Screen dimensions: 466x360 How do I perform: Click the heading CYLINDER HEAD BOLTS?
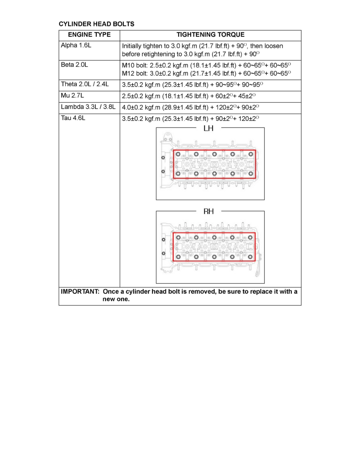96,24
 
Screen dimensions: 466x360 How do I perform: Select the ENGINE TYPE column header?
89,35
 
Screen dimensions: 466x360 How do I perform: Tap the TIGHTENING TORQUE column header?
210,35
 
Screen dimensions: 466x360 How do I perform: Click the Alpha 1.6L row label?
76,46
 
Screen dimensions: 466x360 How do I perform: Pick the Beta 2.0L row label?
75,65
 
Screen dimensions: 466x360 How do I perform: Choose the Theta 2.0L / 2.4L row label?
84,84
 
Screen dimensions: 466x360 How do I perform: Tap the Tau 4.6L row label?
73,118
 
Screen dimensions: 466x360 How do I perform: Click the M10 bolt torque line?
206,65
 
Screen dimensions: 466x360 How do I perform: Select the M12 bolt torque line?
206,73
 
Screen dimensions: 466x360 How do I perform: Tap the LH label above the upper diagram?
209,128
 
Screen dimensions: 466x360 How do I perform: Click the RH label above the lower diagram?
209,211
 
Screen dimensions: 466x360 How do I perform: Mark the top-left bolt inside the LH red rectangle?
178,154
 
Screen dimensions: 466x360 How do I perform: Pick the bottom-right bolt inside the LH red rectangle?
251,173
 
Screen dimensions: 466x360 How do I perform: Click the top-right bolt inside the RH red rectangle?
251,237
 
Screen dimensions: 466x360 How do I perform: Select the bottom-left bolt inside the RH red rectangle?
178,257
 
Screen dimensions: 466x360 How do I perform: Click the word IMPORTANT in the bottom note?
78,292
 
